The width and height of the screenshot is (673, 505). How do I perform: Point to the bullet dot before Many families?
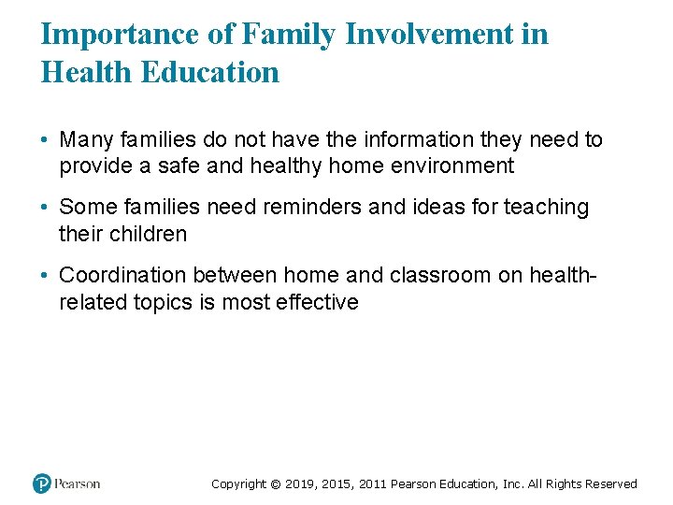click(45, 141)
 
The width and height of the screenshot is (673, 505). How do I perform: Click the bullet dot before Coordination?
click(45, 276)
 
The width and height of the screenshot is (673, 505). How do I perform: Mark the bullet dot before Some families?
click(45, 209)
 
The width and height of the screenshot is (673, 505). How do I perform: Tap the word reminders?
click(313, 208)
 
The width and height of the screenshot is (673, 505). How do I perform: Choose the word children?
click(149, 234)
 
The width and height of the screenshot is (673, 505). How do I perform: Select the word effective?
click(321, 301)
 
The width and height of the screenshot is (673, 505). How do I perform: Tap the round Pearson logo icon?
click(42, 483)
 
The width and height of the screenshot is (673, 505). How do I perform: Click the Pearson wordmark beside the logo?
click(77, 483)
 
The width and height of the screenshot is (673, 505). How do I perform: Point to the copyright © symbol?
click(275, 484)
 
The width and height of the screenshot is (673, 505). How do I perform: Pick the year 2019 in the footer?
click(300, 484)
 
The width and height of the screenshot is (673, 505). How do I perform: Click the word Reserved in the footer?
click(610, 484)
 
